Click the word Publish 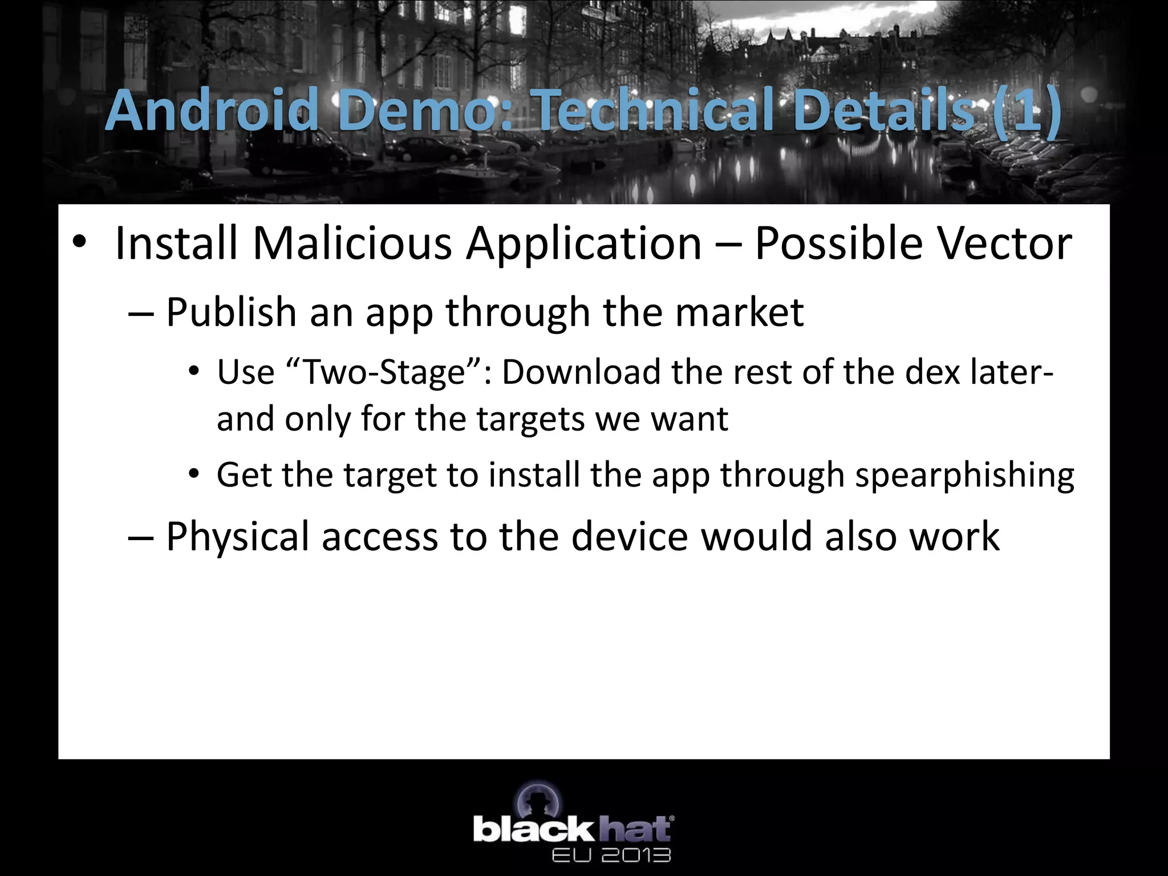pyautogui.click(x=231, y=313)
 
